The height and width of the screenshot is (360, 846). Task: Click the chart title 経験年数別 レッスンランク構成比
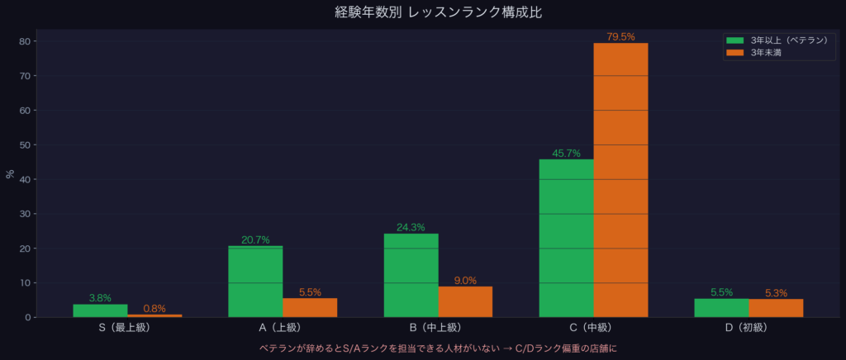(422, 12)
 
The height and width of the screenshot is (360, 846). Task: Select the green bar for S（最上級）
(100, 310)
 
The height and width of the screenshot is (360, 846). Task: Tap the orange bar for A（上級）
(310, 307)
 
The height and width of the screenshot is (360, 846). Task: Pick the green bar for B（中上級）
(411, 275)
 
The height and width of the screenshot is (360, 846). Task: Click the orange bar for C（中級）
(620, 180)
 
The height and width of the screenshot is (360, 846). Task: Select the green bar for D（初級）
(721, 307)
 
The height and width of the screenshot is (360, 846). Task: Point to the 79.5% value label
(620, 36)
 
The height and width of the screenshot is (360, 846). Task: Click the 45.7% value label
(566, 153)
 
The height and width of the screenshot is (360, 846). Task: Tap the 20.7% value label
(255, 239)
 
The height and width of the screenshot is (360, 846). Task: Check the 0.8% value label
(154, 309)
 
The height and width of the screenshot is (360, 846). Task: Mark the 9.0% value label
(465, 280)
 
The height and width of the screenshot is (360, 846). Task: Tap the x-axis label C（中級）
(593, 328)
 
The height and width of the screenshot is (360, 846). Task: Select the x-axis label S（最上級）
(127, 328)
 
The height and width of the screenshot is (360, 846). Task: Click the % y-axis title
(10, 173)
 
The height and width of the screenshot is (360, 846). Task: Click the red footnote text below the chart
(423, 348)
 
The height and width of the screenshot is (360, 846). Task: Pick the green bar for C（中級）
(566, 238)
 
